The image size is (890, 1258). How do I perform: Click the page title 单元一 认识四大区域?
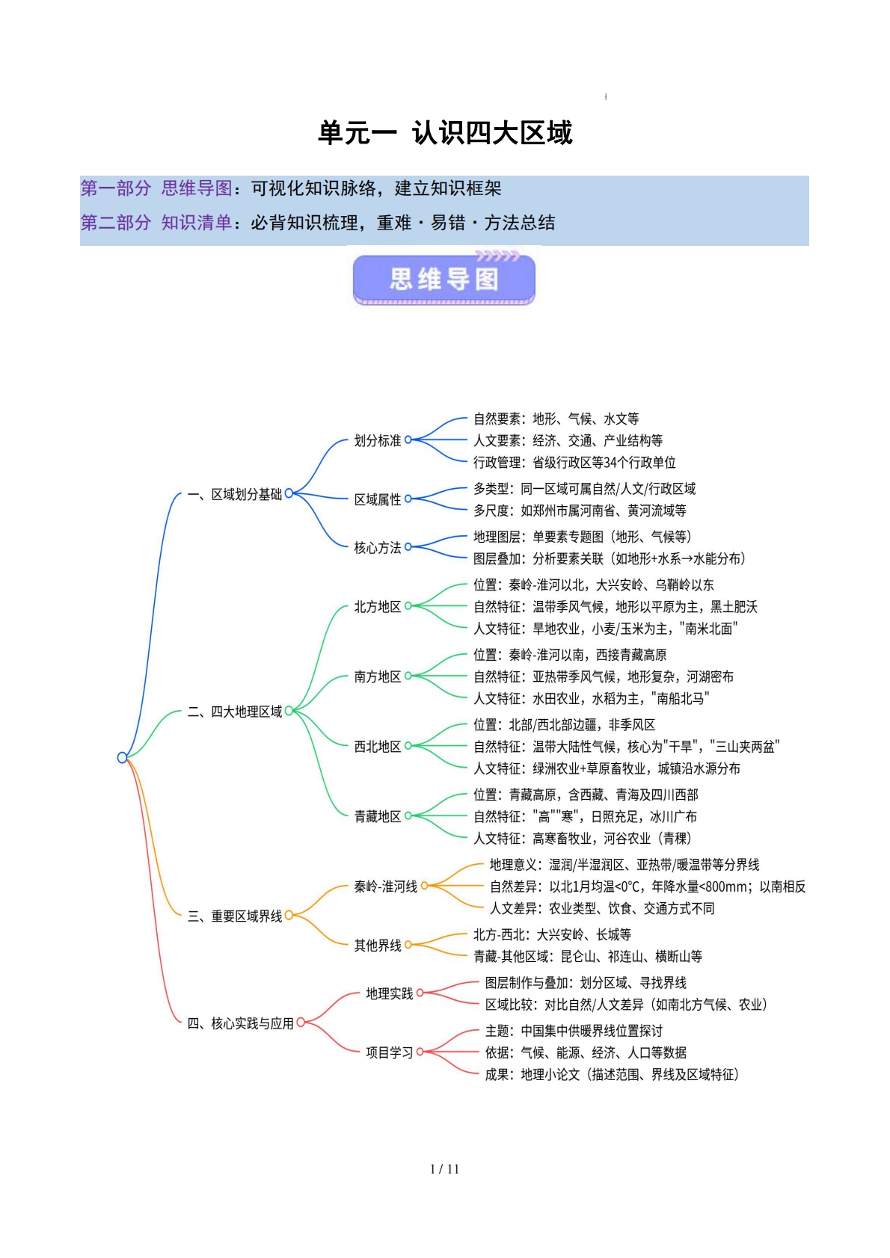coord(445,133)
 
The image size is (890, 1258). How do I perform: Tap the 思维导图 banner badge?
coord(444,280)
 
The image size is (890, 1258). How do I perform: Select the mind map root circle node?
coord(123,758)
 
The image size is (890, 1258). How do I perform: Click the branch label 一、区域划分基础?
coord(235,495)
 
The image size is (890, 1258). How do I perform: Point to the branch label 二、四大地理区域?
coord(235,712)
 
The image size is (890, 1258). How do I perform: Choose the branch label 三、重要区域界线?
coord(235,916)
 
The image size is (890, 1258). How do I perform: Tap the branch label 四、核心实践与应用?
coord(240,1023)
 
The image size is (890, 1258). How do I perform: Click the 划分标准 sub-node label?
coord(378,441)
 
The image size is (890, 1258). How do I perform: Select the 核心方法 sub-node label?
coord(378,548)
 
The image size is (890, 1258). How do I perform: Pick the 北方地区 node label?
coord(378,607)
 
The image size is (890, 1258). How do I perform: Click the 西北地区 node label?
coord(378,747)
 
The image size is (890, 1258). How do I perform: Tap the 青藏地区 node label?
coord(378,817)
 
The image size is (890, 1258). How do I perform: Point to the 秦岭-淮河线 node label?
coord(386,887)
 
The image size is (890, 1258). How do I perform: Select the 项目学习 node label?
coord(390,1053)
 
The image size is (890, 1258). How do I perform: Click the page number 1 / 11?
coord(444,1169)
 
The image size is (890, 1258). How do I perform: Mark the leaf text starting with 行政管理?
coord(574,463)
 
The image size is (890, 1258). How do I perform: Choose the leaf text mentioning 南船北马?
coord(591,699)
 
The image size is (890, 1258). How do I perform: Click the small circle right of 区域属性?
coord(408,499)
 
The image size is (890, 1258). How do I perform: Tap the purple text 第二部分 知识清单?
coord(156,223)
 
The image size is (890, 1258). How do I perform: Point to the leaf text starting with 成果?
coord(612,1075)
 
